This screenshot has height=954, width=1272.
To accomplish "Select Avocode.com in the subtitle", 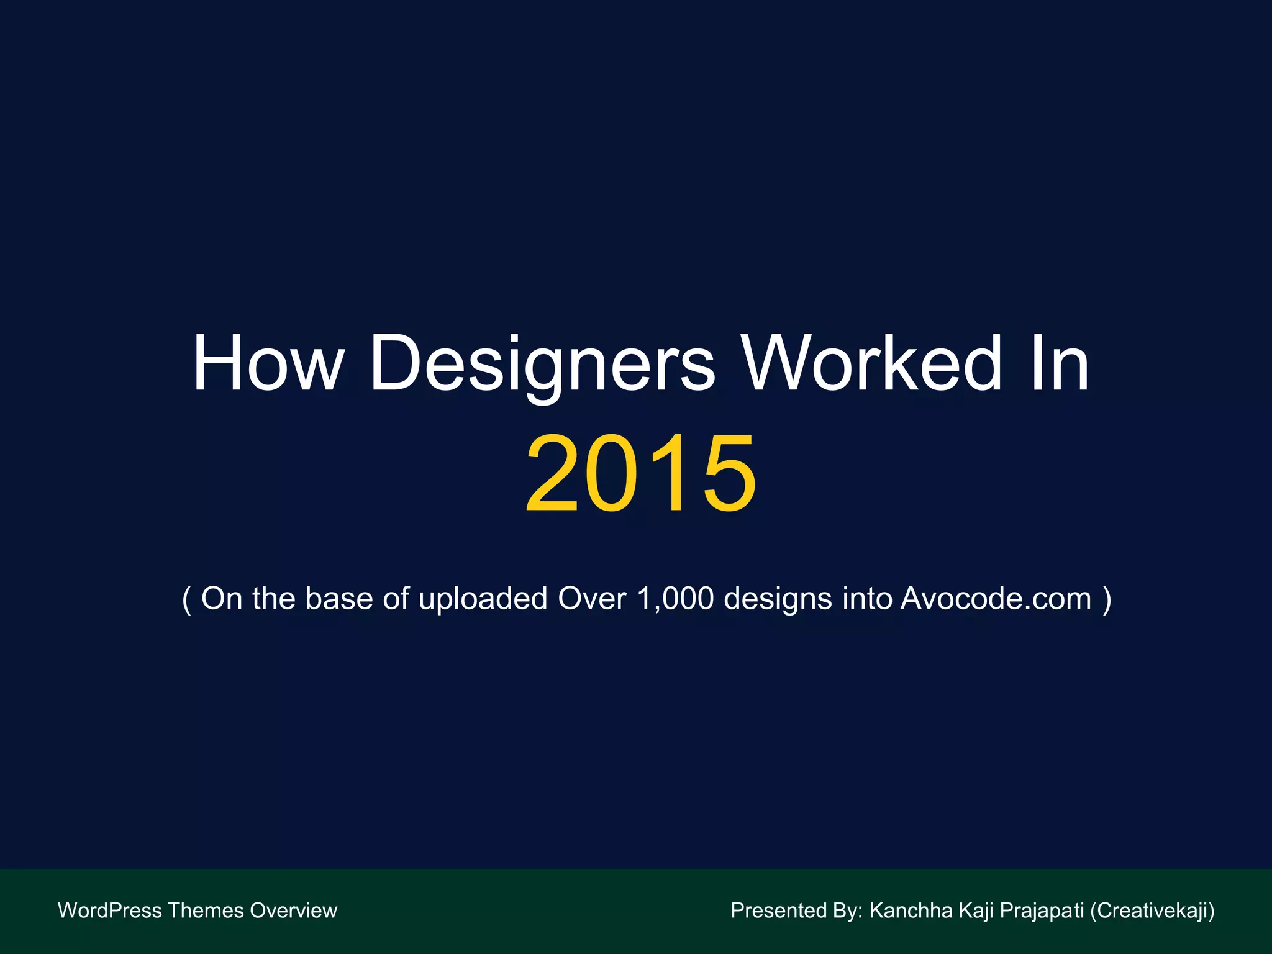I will (996, 599).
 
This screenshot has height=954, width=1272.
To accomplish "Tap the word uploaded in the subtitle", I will (483, 599).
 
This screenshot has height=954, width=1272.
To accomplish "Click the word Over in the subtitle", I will (592, 599).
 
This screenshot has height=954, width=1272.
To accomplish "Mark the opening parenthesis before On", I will (186, 599).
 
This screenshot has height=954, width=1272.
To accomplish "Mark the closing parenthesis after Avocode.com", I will (1106, 599).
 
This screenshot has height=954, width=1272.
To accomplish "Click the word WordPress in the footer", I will (109, 911).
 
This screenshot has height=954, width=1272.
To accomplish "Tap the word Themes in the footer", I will (206, 911).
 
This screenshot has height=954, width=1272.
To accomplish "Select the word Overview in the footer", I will (293, 911).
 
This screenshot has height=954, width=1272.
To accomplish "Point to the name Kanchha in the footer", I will (911, 911).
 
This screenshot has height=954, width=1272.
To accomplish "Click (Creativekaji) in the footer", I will (1152, 911).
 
